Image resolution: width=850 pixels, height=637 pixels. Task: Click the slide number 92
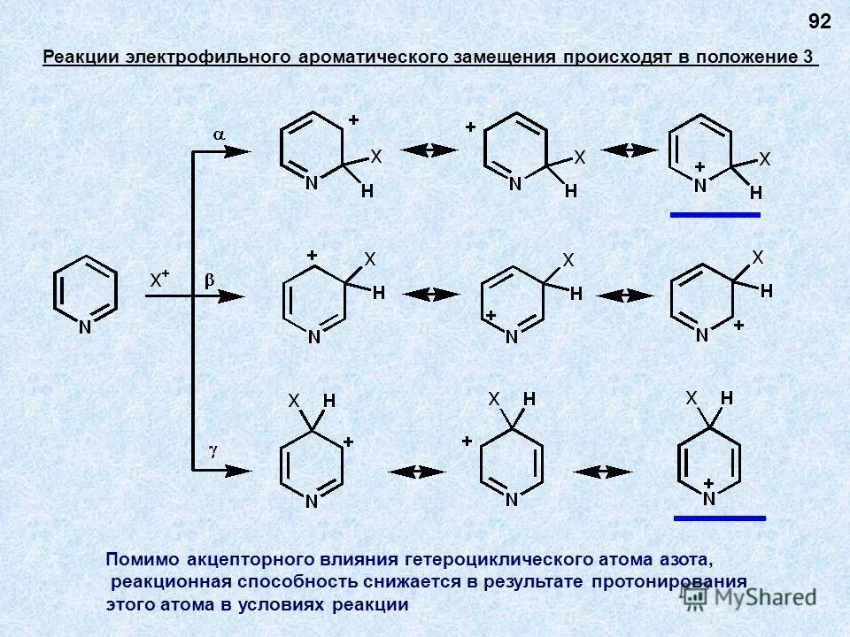tap(820, 21)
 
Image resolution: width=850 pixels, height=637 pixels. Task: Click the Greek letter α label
tap(218, 134)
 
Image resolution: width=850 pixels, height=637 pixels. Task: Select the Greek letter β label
tap(210, 280)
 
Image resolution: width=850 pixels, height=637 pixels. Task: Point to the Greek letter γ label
tap(212, 450)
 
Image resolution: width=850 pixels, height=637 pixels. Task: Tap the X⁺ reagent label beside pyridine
tap(159, 280)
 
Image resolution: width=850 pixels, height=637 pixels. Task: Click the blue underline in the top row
tap(715, 214)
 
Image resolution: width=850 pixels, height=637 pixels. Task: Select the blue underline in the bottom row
tap(719, 518)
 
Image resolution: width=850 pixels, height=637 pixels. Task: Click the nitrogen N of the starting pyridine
tap(86, 327)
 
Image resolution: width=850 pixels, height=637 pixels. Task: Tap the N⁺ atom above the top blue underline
tap(700, 183)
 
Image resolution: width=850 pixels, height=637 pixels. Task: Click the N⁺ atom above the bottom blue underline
tap(709, 496)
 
